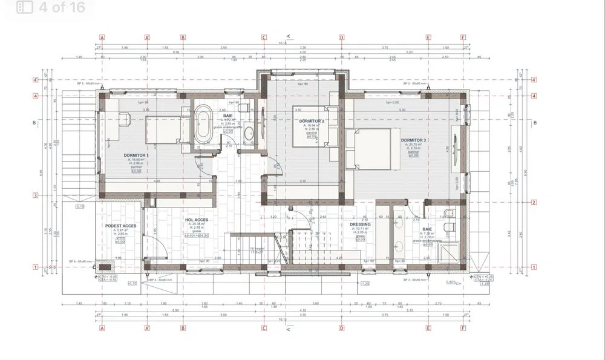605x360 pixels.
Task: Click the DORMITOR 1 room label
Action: click(x=136, y=155)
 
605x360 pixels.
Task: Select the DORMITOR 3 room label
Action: click(x=413, y=140)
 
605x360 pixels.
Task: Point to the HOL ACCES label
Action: click(x=197, y=220)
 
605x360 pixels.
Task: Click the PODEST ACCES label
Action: click(x=120, y=226)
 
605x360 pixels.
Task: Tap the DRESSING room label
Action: click(x=360, y=224)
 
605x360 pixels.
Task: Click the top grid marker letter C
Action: click(x=264, y=37)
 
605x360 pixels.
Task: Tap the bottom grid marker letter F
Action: click(x=463, y=328)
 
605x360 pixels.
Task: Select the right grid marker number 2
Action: click(x=534, y=202)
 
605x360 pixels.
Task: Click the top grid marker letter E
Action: click(x=428, y=37)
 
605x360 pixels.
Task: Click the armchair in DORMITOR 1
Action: click(x=125, y=119)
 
